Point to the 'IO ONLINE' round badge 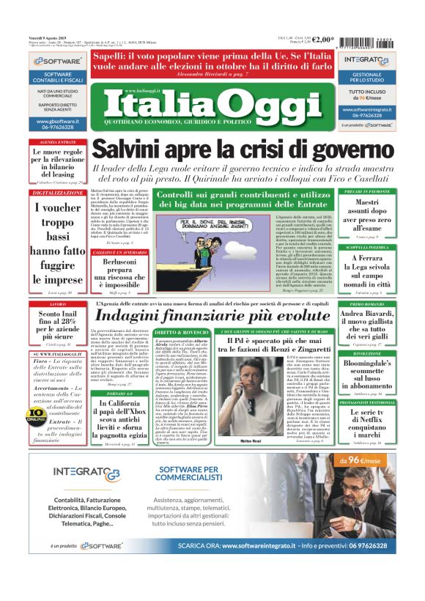point(36,414)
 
